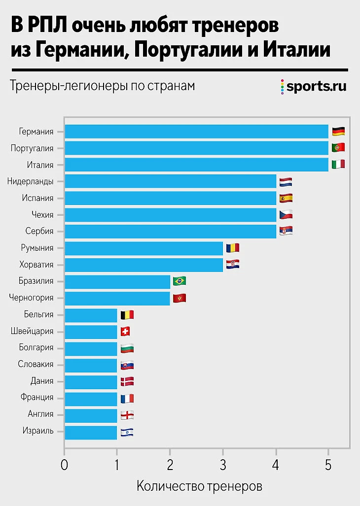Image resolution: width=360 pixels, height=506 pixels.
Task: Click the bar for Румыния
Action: (144, 248)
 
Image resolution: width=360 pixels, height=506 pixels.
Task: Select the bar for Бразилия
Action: (117, 281)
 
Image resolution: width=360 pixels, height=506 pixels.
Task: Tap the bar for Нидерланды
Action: (170, 181)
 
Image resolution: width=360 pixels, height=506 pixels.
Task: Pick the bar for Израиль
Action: (91, 433)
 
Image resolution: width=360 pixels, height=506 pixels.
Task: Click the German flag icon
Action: (338, 132)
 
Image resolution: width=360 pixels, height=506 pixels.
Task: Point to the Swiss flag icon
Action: (125, 331)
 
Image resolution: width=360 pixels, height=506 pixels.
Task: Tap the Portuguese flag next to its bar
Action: (338, 148)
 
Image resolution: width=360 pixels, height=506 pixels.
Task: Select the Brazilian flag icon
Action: (180, 281)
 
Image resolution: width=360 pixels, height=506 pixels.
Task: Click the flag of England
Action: (127, 414)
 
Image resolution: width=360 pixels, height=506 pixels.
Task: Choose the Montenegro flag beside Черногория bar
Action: (180, 298)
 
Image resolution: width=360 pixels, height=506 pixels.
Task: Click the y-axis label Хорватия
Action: (36, 265)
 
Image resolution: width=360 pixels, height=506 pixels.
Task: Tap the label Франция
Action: (37, 398)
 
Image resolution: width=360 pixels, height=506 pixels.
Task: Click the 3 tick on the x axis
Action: (223, 465)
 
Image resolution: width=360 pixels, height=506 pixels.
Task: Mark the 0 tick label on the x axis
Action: (64, 465)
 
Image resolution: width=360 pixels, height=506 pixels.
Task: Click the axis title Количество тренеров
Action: (199, 486)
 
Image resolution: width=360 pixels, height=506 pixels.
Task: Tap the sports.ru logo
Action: (314, 87)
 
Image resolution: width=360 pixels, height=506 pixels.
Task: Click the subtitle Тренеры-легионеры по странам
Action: (102, 86)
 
